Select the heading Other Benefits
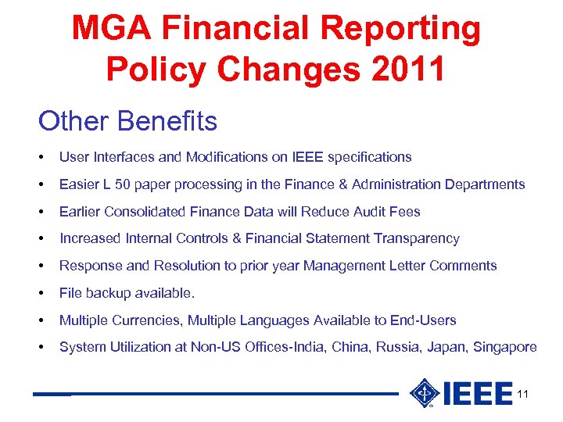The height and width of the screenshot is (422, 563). [x=127, y=121]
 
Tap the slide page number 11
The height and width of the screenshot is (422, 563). [x=523, y=394]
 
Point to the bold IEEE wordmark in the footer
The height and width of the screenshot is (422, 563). [x=477, y=394]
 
